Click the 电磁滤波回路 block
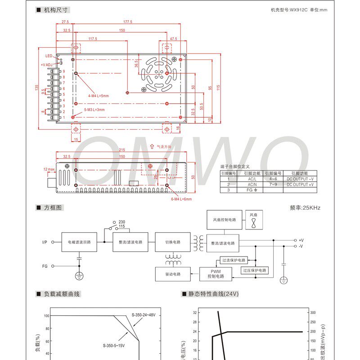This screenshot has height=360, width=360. tap(79, 242)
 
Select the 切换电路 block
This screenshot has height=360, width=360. tap(171, 242)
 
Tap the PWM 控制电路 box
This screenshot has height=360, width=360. tap(216, 274)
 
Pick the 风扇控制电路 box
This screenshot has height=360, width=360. tap(223, 220)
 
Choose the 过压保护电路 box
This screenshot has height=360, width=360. tap(254, 270)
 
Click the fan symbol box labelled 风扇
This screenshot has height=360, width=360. tap(254, 220)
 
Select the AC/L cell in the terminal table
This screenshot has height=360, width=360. tap(252, 179)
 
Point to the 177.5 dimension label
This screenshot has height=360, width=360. tap(128, 22)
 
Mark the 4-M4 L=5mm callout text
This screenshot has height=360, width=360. tap(99, 95)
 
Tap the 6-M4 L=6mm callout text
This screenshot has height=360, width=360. tap(181, 199)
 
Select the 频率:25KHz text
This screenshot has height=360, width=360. tap(305, 208)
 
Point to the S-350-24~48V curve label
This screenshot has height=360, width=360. tap(143, 315)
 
